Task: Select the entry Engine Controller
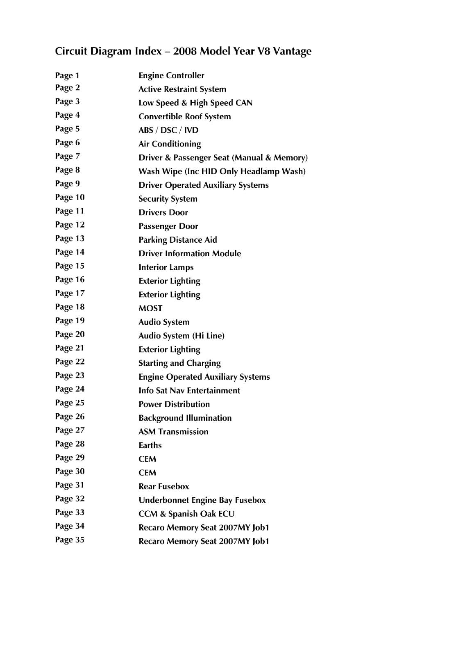[x=171, y=75]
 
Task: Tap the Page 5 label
[x=68, y=129]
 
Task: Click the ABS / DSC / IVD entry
[x=168, y=130]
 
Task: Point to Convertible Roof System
[x=184, y=116]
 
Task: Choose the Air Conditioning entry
[x=170, y=144]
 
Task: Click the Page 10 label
[x=70, y=197]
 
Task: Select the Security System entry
[x=168, y=199]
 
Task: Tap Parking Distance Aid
[x=178, y=240]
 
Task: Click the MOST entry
[x=150, y=308]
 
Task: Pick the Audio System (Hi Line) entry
[x=182, y=336]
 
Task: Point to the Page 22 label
[x=70, y=362]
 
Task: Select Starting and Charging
[x=179, y=363]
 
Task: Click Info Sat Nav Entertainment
[x=189, y=391]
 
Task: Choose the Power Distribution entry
[x=174, y=404]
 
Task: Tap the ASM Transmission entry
[x=173, y=432]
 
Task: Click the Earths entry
[x=150, y=445]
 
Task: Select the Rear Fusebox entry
[x=164, y=487]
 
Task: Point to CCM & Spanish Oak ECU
[x=186, y=514]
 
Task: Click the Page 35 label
[x=70, y=540]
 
